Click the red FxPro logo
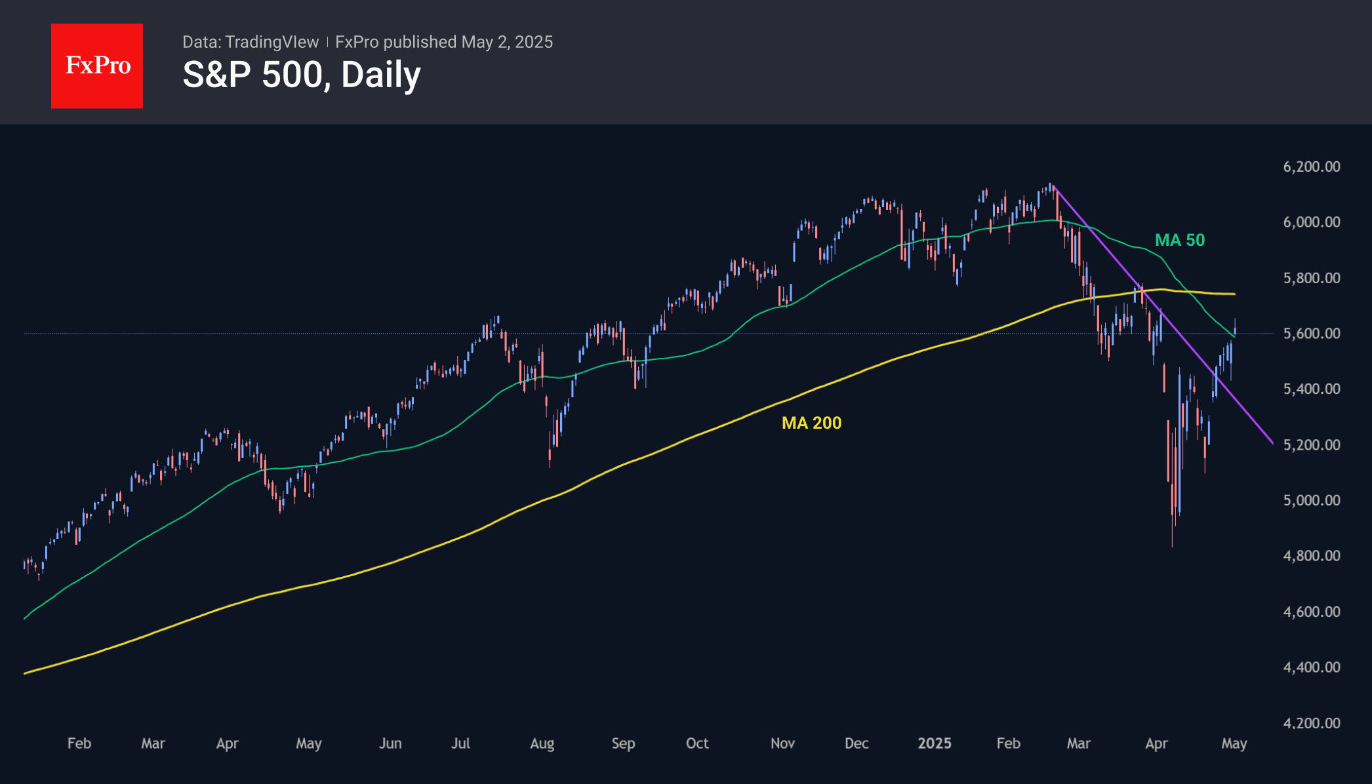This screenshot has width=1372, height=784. pos(97,66)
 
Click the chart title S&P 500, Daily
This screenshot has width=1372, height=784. pos(302,75)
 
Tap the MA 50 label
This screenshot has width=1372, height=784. pos(1179,240)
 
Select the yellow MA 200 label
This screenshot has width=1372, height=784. pos(811,423)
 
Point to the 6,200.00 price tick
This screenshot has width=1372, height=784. pos(1311,167)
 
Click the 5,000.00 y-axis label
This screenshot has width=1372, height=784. pos(1311,500)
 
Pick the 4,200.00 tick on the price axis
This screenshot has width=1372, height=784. pos(1311,723)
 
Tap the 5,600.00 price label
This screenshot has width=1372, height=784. pos(1311,333)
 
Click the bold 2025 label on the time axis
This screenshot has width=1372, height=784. pos(934,743)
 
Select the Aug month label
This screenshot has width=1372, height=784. pos(542,743)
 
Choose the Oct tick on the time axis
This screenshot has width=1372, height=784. pos(696,743)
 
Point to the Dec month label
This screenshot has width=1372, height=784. pos(856,743)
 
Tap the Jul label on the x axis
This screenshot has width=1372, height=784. pos(460,743)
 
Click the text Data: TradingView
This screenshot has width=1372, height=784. pos(251,42)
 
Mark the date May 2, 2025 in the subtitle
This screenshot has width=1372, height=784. pos(507,42)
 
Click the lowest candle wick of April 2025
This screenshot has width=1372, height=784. pos(1172,545)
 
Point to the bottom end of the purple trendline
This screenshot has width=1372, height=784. pos(1272,443)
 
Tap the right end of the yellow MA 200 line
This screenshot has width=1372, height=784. pos(1235,294)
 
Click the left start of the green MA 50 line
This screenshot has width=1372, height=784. pos(24,619)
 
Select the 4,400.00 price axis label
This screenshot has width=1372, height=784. pos(1311,667)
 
